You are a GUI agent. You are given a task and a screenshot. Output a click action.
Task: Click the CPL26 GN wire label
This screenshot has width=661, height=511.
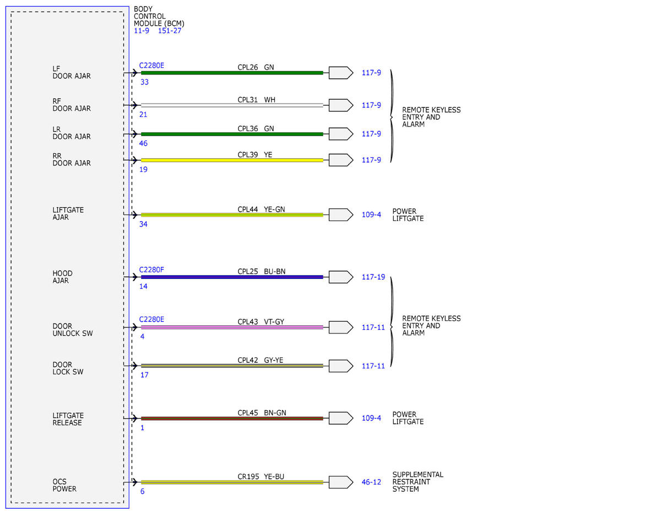pos(256,67)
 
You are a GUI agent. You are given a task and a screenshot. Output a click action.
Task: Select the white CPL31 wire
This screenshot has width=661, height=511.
pos(232,105)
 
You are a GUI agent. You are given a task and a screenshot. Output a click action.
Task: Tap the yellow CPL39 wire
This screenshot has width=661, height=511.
pos(232,160)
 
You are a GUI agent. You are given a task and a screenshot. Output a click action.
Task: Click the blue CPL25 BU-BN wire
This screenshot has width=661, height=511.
pos(232,277)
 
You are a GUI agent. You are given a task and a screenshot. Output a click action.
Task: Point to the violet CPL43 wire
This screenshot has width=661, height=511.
pos(232,327)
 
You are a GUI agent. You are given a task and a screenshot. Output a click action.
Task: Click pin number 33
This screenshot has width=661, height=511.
pos(144,82)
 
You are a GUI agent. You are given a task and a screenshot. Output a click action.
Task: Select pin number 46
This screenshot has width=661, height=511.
pos(143,143)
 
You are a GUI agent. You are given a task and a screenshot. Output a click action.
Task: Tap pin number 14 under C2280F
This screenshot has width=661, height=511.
pos(143,287)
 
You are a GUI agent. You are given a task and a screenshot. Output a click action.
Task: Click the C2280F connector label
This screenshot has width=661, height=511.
pos(151,270)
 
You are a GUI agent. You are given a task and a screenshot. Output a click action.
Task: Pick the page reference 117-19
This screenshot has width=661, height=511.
pos(373,277)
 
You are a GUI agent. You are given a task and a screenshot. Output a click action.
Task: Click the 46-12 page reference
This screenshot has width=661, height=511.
pos(371,482)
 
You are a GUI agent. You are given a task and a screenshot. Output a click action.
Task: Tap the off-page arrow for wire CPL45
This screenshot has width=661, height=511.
pos(340,418)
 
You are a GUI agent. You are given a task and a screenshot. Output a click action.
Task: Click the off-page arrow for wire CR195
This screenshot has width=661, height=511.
pos(340,482)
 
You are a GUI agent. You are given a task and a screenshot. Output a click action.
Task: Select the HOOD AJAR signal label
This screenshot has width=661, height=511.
pos(62,277)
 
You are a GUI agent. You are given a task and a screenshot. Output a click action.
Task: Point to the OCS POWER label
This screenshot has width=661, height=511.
pos(64,485)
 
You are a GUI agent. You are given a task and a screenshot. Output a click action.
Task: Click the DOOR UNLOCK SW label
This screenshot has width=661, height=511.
pos(72,330)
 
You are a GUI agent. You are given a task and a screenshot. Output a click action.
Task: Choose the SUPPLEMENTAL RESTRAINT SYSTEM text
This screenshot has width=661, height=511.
pos(418,482)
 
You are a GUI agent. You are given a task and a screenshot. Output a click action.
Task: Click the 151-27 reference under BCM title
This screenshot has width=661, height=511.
pos(170,31)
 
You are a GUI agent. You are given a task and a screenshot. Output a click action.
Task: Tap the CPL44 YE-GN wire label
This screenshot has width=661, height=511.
pos(261,209)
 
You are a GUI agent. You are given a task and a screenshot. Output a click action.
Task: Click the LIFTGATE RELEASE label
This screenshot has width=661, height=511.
pos(68,419)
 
